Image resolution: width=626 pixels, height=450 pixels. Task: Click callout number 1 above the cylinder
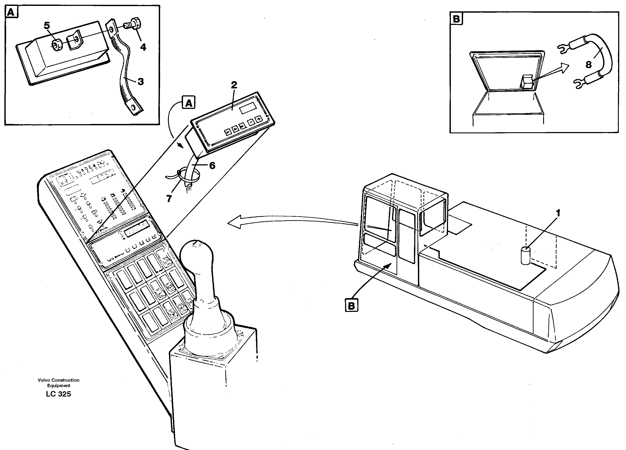click(x=558, y=213)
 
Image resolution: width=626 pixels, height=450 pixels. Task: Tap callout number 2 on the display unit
click(x=234, y=85)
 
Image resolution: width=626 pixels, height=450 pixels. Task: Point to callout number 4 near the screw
click(x=143, y=47)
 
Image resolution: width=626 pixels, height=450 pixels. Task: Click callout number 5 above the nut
click(x=47, y=26)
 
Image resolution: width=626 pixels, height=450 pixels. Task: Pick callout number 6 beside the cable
click(x=212, y=165)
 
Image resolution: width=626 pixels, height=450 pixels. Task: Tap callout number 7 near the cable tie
click(x=169, y=198)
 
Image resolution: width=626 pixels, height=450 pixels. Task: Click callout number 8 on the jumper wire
click(x=588, y=65)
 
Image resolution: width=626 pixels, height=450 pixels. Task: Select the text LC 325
click(x=58, y=394)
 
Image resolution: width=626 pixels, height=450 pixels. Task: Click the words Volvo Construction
click(x=58, y=380)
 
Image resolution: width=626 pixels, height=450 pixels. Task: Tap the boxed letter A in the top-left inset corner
click(x=11, y=12)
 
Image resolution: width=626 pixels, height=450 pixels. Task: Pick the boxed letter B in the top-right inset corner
click(x=457, y=19)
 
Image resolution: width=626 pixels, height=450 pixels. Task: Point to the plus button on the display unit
click(x=259, y=119)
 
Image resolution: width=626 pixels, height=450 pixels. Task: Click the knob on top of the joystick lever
click(x=196, y=252)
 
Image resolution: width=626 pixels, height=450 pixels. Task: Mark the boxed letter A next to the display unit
click(x=188, y=103)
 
